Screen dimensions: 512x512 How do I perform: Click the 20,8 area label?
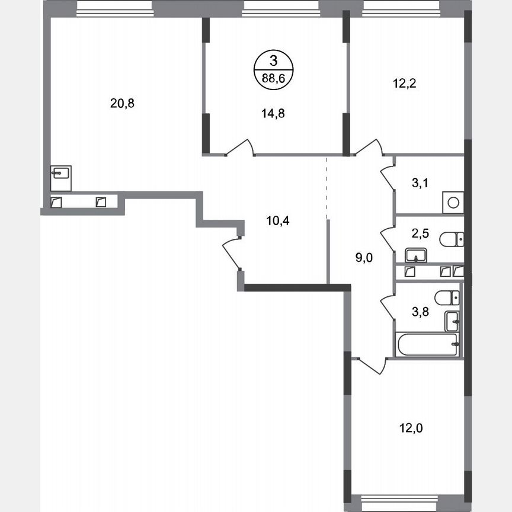[122, 103]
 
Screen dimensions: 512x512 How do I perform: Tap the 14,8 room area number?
[273, 114]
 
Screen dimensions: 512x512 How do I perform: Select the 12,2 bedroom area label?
[405, 84]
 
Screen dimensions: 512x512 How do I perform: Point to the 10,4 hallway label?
[278, 220]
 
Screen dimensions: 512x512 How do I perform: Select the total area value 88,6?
[273, 76]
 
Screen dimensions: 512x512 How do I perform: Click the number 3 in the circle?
[273, 60]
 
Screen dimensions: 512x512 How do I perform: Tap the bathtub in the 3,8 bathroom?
[427, 344]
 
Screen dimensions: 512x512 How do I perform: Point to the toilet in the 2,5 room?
[452, 239]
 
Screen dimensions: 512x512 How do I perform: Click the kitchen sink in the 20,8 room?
[61, 174]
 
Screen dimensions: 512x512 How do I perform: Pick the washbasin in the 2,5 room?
[416, 256]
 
